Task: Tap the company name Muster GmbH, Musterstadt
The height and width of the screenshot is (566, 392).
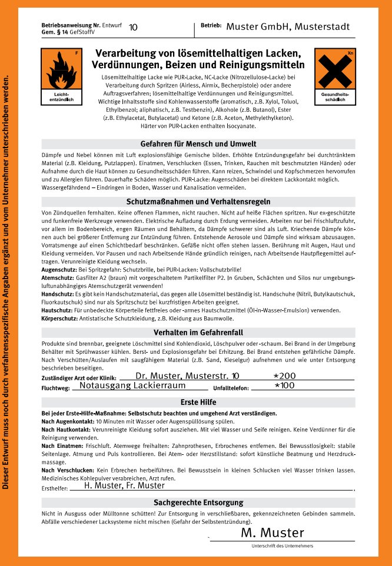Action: tap(288, 27)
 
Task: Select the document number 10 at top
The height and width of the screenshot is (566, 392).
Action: tap(133, 27)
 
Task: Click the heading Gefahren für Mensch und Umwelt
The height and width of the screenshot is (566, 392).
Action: tap(198, 144)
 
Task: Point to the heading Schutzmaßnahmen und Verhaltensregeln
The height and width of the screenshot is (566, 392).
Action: tap(198, 201)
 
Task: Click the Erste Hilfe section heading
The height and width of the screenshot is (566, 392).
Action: tap(198, 402)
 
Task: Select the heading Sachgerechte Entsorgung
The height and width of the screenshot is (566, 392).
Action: tap(198, 503)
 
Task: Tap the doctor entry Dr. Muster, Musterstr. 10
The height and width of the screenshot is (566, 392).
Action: tap(187, 376)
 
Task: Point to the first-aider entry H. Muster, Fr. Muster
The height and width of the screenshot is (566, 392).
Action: tap(124, 485)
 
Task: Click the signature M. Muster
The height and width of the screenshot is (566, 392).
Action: tap(273, 532)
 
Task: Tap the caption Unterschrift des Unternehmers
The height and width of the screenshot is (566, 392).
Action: tap(282, 546)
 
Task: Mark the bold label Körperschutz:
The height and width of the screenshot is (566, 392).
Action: tap(60, 318)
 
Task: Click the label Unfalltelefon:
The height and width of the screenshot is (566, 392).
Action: tap(231, 389)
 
